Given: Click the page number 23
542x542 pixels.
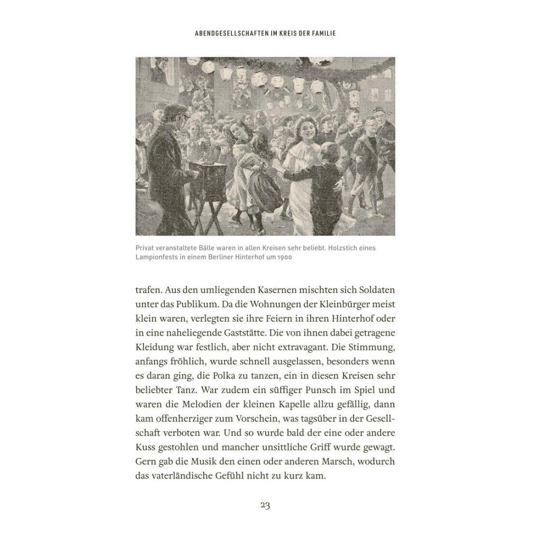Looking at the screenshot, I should coord(265,505).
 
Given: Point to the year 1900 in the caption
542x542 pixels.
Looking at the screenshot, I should coord(284,257).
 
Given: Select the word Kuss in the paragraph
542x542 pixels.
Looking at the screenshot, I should coord(145,447).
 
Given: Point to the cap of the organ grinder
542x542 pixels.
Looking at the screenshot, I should coord(175,110).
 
